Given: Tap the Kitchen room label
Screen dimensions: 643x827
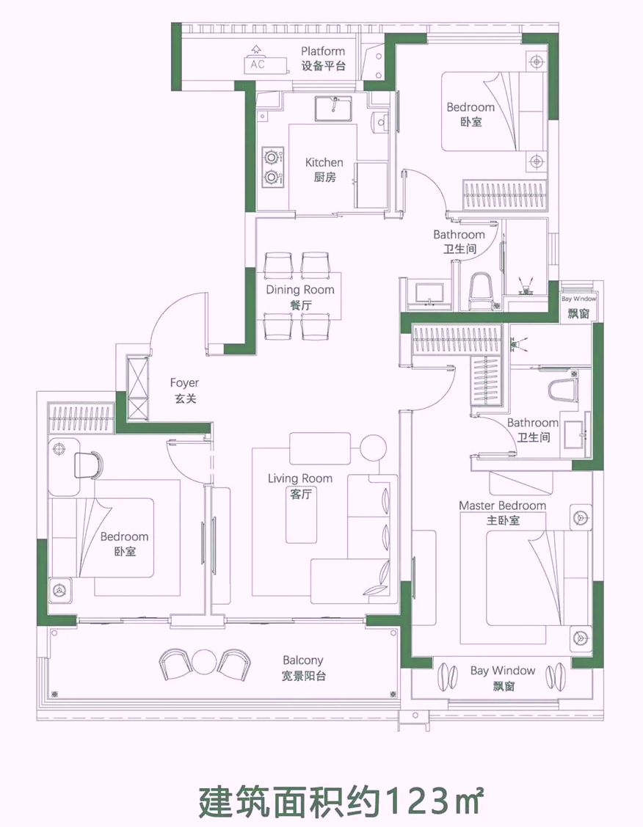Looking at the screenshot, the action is tap(324, 170).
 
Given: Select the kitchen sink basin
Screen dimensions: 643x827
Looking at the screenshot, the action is tap(335, 109).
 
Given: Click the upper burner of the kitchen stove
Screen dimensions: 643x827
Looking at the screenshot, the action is tap(272, 157).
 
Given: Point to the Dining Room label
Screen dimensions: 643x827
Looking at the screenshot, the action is tap(300, 297).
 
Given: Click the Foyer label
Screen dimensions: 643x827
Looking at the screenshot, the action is tap(185, 390).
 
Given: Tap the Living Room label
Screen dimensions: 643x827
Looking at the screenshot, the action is tap(300, 486).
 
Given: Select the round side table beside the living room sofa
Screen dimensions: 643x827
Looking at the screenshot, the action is tap(374, 448).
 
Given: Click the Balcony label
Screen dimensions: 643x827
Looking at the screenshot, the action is tap(302, 668).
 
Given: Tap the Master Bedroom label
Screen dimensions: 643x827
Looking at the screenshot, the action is tap(503, 513).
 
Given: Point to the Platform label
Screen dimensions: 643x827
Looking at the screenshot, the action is tap(323, 59).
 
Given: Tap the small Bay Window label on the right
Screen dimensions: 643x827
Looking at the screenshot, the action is tap(578, 307).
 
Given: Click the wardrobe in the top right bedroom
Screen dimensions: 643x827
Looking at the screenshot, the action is tap(505, 195).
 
